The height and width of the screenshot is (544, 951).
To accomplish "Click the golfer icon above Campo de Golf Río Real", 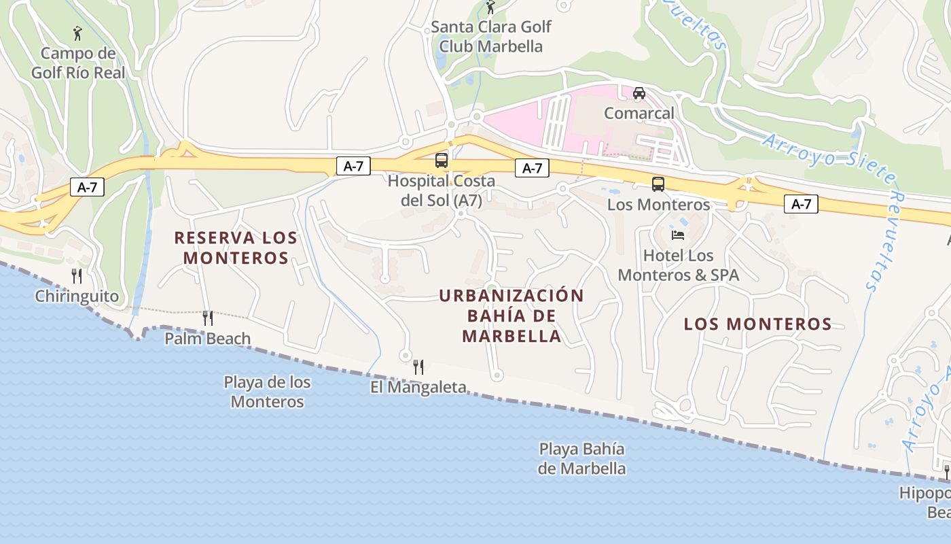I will [77, 33].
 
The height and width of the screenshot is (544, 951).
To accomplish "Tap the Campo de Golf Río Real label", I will [78, 63].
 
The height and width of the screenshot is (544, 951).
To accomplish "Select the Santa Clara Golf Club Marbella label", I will [491, 37].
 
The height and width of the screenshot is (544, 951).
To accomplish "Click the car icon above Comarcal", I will [639, 93].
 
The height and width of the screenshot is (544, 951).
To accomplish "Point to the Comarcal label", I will [639, 113].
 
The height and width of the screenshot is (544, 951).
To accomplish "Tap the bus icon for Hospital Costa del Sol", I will [442, 160].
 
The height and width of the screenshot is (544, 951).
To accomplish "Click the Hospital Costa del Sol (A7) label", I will [442, 191].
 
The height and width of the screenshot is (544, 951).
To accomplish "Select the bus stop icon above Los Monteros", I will [658, 184].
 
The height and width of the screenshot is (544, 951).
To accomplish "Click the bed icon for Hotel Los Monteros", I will [678, 235].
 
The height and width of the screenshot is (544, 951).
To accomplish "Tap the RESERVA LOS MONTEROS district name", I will [236, 248].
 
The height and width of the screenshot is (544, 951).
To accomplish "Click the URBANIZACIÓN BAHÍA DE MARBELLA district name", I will [512, 316].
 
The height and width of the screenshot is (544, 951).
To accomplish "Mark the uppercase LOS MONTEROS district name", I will [757, 324].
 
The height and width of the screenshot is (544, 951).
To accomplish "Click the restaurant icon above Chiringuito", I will [77, 275].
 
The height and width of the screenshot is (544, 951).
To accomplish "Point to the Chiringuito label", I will [77, 296].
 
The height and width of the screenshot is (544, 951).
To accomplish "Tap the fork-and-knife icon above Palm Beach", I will [208, 318].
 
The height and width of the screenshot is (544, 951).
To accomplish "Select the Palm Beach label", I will [208, 338].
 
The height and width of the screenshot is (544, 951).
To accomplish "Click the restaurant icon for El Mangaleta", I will [418, 367].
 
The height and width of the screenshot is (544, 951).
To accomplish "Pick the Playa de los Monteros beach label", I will [267, 392].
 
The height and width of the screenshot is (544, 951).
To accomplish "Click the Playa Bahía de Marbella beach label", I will [581, 458].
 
